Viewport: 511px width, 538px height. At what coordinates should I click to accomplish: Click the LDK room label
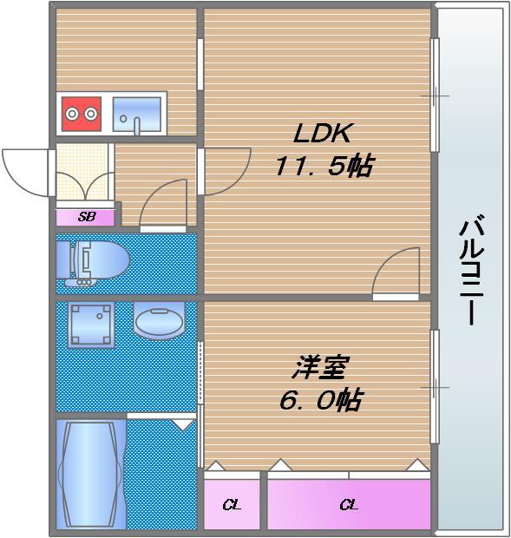tap(323, 133)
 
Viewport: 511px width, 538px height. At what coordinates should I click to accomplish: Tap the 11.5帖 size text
tap(324, 166)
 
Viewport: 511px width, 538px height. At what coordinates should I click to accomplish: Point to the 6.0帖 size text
tap(321, 400)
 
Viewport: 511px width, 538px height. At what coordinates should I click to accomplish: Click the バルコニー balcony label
tap(472, 269)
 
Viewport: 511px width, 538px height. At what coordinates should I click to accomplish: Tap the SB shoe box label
tap(87, 217)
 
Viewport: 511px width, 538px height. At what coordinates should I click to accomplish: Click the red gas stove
tap(82, 114)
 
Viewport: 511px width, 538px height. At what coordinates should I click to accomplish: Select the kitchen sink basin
tap(137, 115)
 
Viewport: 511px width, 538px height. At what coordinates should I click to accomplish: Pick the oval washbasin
tap(159, 321)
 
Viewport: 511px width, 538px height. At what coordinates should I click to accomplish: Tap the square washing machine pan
tap(91, 325)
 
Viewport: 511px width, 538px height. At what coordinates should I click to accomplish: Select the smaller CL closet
tap(232, 504)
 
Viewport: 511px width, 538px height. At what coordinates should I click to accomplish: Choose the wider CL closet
tap(349, 504)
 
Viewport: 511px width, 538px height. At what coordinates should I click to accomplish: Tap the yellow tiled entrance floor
tap(82, 172)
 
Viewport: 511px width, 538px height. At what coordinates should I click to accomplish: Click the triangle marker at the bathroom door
tap(182, 424)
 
